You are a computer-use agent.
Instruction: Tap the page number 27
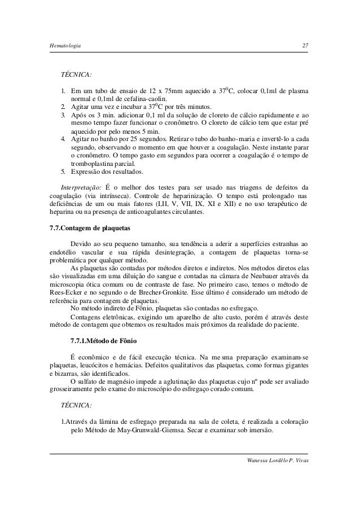coord(305,45)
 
